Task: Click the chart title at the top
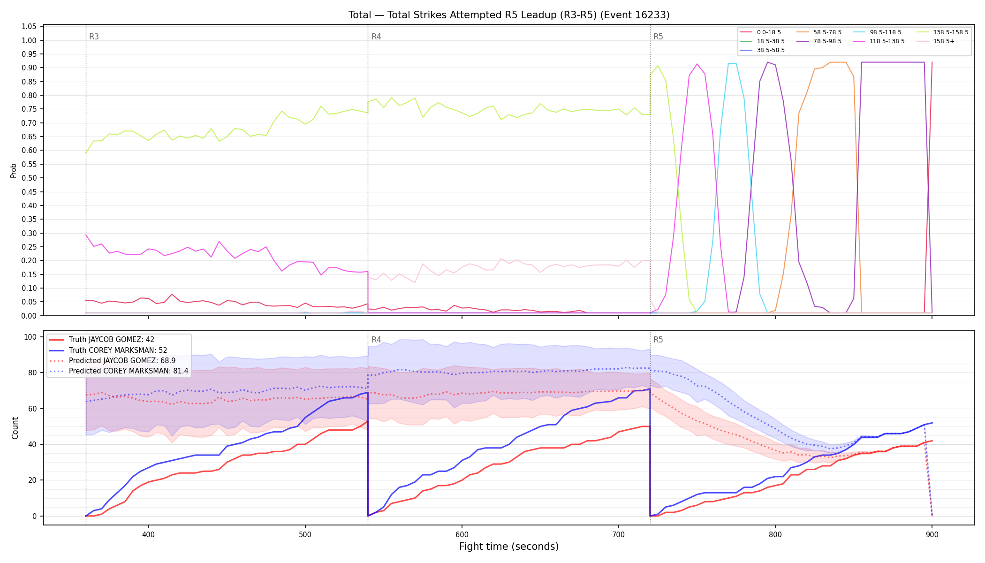pyautogui.click(x=509, y=15)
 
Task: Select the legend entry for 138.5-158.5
pyautogui.click(x=943, y=32)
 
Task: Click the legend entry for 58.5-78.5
pyautogui.click(x=819, y=32)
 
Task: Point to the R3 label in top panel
pyautogui.click(x=94, y=37)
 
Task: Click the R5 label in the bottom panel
pyautogui.click(x=658, y=340)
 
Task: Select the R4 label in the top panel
pyautogui.click(x=376, y=37)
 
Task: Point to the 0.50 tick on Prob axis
pyautogui.click(x=29, y=178)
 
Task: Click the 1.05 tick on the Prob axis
pyautogui.click(x=29, y=27)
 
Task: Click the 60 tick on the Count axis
pyautogui.click(x=33, y=409)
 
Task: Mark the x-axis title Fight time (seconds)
pyautogui.click(x=509, y=547)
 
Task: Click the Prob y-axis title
pyautogui.click(x=14, y=170)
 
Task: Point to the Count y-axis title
pyautogui.click(x=15, y=428)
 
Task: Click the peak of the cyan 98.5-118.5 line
pyautogui.click(x=732, y=63)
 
